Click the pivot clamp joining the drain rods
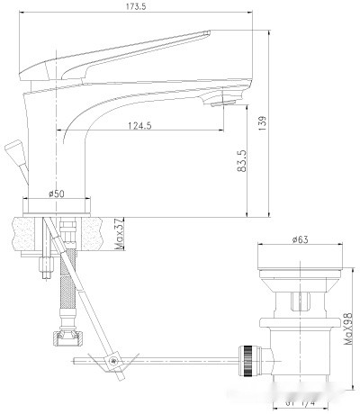click(x=114, y=362)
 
